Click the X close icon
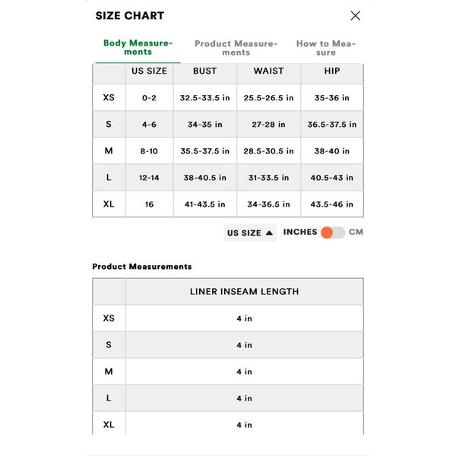coord(355,15)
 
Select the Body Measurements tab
coord(138,47)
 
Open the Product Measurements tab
coord(236,47)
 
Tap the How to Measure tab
coord(325,47)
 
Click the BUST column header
coord(204,71)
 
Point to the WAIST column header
coord(268,71)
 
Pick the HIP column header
coord(332,71)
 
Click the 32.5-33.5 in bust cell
coord(204,98)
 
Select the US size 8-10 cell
coord(149,151)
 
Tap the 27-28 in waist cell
coord(268,125)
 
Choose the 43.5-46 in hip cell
coord(332,204)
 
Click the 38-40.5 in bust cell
coord(204,178)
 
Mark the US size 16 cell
coord(149,204)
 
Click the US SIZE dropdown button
coord(250,233)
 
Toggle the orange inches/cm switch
coord(332,233)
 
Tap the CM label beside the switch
coord(356,232)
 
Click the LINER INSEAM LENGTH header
coord(244,291)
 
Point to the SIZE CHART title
coord(129,15)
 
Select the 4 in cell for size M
coord(244,372)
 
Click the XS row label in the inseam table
coord(109,318)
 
